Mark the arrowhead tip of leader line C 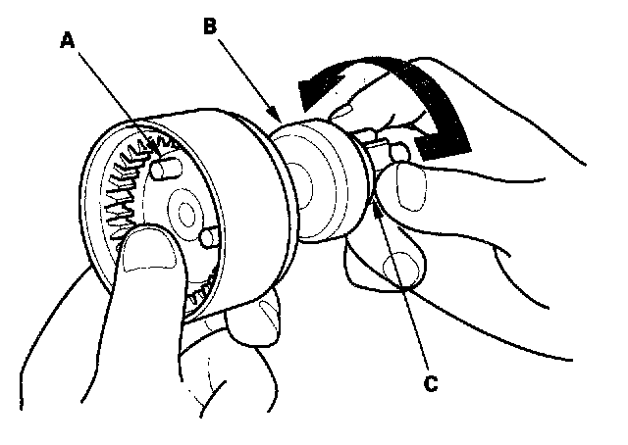[376, 201]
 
